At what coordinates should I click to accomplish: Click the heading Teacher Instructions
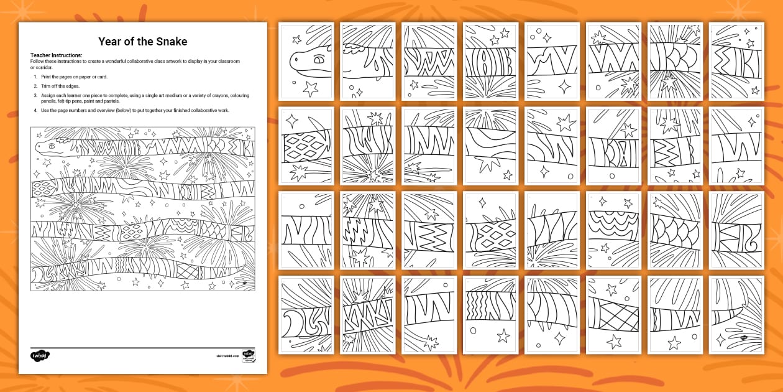56,55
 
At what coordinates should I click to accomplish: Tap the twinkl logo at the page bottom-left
40,355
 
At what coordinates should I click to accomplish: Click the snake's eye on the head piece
320,61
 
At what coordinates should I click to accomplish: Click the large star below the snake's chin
309,89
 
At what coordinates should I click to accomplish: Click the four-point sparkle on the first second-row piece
291,119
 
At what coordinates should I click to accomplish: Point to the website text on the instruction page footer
228,357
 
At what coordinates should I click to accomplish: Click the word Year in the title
112,42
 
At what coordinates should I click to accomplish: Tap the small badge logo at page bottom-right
250,355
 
